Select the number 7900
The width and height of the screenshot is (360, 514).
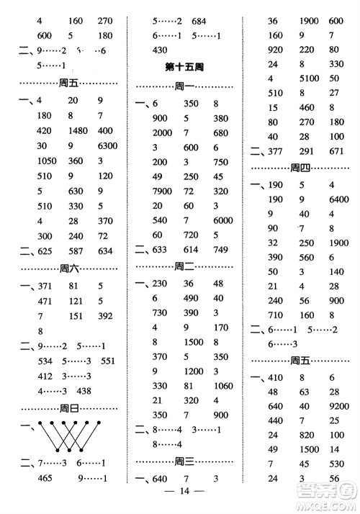(163, 191)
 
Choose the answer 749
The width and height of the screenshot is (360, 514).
(220, 250)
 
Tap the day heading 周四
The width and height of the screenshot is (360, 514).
(304, 168)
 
